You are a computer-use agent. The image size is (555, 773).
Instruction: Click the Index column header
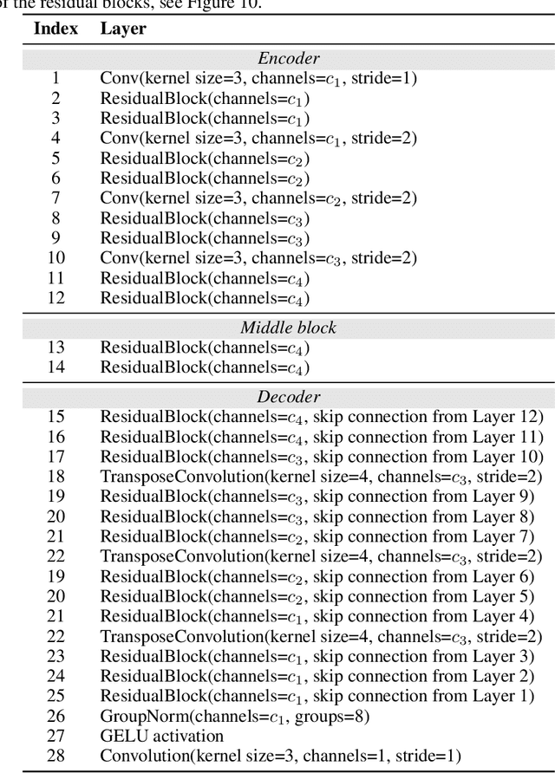[55, 29]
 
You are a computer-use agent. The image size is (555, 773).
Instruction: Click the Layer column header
[123, 29]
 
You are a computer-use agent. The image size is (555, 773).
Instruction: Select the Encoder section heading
[289, 59]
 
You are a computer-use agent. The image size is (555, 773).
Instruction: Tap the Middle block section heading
[289, 328]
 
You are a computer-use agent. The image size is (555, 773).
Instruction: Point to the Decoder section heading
[289, 397]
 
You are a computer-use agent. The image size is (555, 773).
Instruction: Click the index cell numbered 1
[55, 78]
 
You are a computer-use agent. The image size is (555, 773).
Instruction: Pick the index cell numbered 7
[55, 198]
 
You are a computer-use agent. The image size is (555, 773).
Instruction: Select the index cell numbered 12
[55, 298]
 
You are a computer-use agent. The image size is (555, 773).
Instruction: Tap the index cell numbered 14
[55, 367]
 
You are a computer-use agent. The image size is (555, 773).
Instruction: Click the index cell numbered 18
[55, 476]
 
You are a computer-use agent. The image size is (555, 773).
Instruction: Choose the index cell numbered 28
[55, 756]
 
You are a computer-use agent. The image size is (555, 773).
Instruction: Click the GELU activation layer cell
[162, 736]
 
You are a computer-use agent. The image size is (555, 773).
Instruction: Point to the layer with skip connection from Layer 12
[322, 416]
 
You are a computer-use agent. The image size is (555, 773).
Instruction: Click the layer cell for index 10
[258, 258]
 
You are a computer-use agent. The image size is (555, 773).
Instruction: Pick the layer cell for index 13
[206, 348]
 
